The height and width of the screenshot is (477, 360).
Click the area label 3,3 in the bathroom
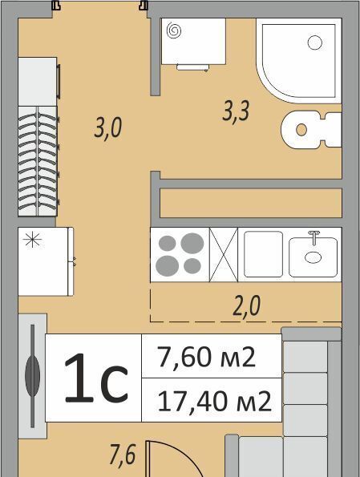236,111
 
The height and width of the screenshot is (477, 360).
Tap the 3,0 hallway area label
108,128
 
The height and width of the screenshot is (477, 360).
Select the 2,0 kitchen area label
246,305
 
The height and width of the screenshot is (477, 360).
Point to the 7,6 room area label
123,455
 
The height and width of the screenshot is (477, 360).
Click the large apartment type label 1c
95,378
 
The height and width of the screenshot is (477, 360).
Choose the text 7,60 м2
206,357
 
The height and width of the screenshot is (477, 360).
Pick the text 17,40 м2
214,401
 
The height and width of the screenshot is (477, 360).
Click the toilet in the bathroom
311,130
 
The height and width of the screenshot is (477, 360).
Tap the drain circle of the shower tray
314,42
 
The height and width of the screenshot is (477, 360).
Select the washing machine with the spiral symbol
193,44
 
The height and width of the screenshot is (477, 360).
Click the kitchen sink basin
313,257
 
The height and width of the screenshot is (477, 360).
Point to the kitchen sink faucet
313,237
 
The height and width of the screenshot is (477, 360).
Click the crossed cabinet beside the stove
224,254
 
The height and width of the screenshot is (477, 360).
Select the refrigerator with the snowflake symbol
46,261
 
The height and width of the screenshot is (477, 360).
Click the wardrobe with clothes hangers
38,161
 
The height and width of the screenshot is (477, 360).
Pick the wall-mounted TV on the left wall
33,376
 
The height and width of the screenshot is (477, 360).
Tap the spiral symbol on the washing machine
174,31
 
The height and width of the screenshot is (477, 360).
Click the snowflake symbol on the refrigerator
32,240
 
